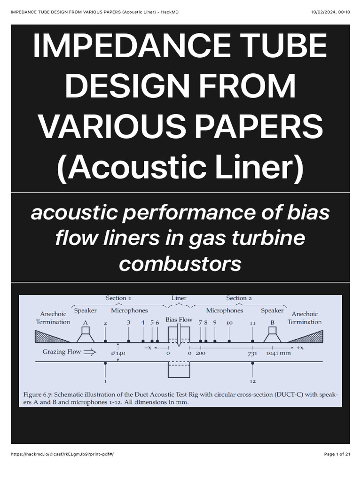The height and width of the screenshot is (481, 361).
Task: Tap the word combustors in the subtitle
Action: [x=180, y=264]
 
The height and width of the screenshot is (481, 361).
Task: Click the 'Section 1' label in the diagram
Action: [x=118, y=298]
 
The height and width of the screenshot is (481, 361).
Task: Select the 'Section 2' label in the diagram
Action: [x=239, y=298]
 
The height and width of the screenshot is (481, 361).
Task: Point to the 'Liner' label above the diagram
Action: [x=179, y=298]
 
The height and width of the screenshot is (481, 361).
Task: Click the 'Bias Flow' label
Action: [x=179, y=319]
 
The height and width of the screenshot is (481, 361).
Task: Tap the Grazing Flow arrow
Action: [x=89, y=351]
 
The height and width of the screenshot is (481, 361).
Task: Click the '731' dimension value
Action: [x=252, y=353]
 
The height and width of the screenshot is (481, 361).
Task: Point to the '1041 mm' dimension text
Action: [x=278, y=353]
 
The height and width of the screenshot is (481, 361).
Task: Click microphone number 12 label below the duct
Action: [x=253, y=381]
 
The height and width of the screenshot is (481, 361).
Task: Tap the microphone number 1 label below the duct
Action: [x=105, y=381]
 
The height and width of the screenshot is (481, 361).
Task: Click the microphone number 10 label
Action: [x=229, y=323]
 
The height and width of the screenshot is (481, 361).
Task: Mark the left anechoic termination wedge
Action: [x=51, y=336]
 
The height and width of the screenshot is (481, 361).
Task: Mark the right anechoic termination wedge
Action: [x=307, y=336]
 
